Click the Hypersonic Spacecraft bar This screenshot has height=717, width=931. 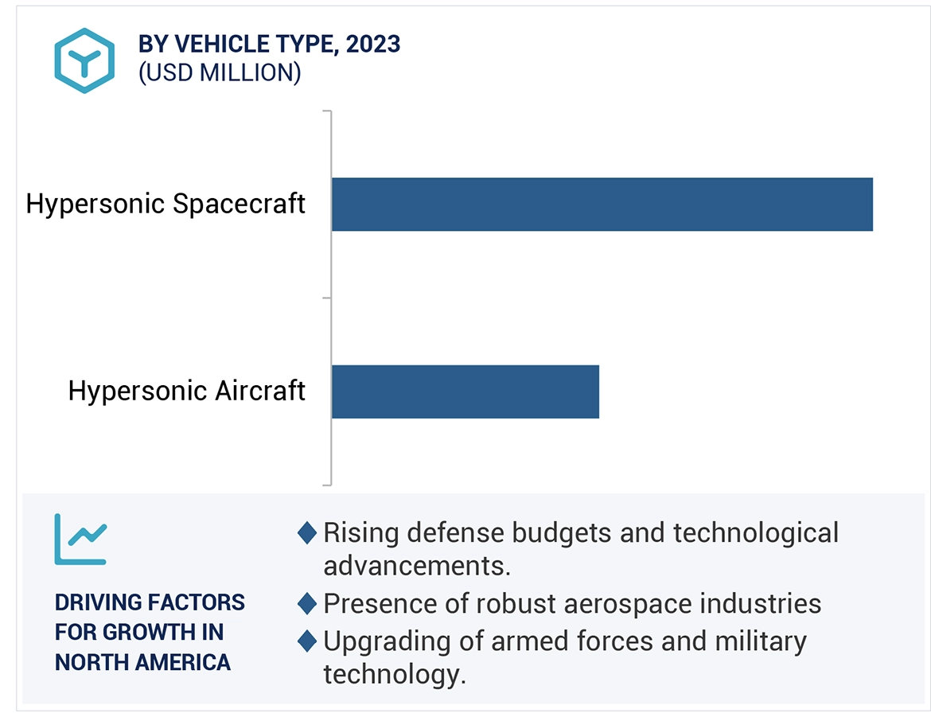pyautogui.click(x=602, y=205)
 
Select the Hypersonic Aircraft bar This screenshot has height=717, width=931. pyautogui.click(x=465, y=392)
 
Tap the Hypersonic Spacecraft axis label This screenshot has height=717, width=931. pyautogui.click(x=166, y=204)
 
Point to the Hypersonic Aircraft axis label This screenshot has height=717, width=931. pyautogui.click(x=186, y=391)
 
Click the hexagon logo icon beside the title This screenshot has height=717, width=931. pyautogui.click(x=84, y=60)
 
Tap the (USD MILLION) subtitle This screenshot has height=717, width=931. pyautogui.click(x=220, y=73)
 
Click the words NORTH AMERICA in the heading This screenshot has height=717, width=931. pyautogui.click(x=142, y=661)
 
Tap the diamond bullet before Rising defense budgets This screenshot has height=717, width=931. pyautogui.click(x=307, y=532)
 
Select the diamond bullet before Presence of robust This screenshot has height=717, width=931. pyautogui.click(x=307, y=604)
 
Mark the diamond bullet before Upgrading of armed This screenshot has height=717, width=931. pyautogui.click(x=307, y=641)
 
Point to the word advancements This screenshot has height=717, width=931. pyautogui.click(x=416, y=566)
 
